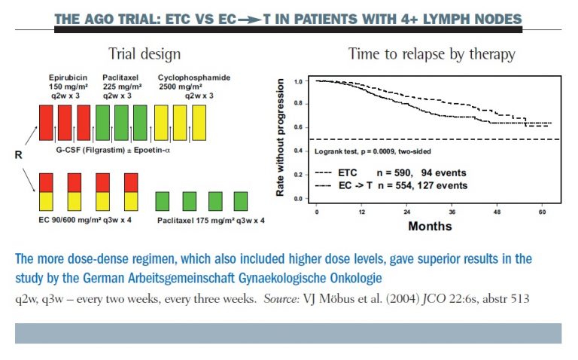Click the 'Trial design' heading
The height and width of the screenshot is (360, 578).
coord(144,53)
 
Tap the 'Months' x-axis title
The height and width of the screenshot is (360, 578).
coord(430,225)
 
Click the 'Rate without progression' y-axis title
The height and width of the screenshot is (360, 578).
coord(280,140)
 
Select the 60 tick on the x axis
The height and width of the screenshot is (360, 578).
coord(541,212)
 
